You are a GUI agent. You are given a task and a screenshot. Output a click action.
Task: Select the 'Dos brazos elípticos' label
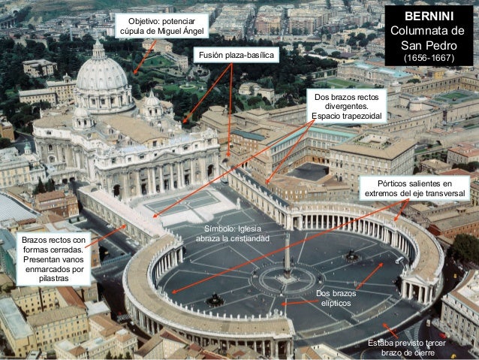335,298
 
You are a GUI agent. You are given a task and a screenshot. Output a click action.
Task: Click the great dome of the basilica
101,75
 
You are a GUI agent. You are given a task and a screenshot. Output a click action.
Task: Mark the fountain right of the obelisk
351,256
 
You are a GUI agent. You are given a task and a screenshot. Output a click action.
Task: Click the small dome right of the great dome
152,101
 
